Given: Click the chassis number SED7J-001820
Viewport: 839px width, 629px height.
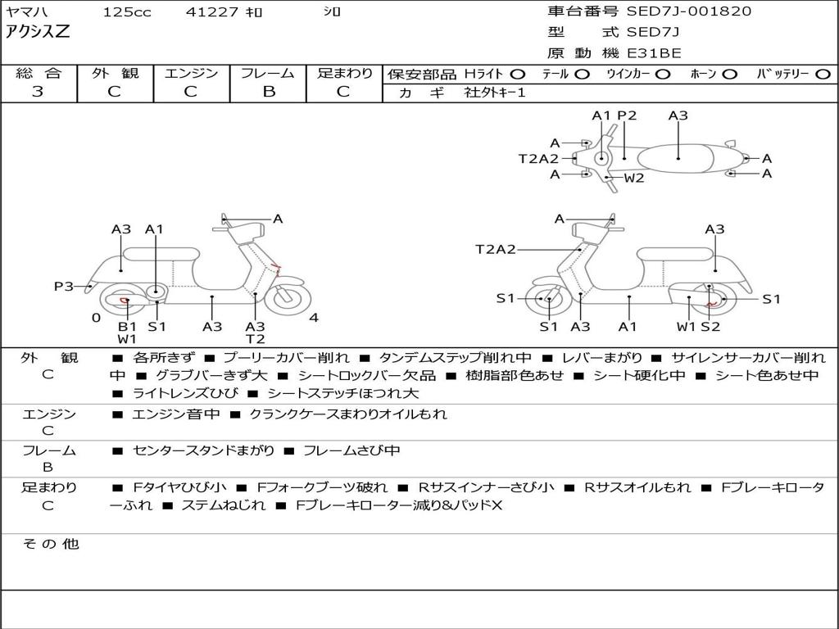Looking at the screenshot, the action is click(x=688, y=11).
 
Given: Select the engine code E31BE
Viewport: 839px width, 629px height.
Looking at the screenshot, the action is click(x=654, y=53).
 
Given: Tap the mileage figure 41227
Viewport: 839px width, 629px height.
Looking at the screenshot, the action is click(x=211, y=11).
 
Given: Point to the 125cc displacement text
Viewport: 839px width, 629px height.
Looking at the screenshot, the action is click(x=127, y=11).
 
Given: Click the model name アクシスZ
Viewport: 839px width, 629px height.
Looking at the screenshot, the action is click(x=38, y=32).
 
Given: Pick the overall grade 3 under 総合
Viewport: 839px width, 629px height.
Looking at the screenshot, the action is click(x=38, y=92).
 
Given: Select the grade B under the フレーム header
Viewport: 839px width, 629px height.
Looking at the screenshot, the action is click(x=269, y=92).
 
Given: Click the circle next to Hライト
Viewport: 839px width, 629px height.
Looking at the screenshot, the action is click(x=518, y=75).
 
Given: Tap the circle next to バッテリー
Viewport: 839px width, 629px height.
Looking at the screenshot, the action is click(x=823, y=75).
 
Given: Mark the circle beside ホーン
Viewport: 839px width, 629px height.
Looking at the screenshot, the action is click(x=729, y=75).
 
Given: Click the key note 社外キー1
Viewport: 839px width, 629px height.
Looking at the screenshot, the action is click(x=495, y=93).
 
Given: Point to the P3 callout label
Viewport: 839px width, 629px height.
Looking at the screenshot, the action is click(x=64, y=286).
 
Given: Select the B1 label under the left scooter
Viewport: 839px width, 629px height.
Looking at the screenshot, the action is click(x=127, y=326).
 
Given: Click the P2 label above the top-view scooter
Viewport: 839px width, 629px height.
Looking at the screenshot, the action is click(x=627, y=115).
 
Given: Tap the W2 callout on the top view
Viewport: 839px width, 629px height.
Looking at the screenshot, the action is click(x=634, y=178).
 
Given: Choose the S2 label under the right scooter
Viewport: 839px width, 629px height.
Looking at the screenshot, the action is click(x=710, y=326).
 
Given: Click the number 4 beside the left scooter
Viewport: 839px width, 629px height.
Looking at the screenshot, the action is click(x=314, y=318).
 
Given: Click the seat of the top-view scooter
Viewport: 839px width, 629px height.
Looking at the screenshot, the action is click(x=675, y=159).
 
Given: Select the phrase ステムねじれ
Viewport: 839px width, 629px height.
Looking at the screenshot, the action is click(x=224, y=505).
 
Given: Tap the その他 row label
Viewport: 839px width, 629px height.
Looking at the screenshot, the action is click(x=51, y=544).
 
